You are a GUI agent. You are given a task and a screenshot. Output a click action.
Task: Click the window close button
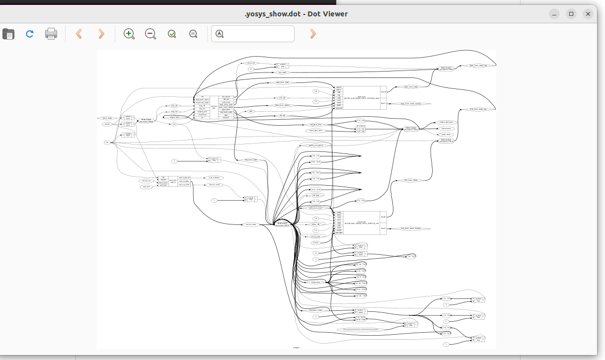point(588,14)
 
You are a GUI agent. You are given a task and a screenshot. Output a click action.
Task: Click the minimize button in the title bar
point(554,14)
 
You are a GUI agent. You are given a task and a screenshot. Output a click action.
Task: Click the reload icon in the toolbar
point(30,34)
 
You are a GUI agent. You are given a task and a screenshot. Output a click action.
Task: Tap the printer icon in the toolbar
point(51,34)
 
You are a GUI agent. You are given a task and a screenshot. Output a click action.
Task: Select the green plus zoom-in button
point(129,34)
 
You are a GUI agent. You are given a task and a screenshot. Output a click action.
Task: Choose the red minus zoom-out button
point(151,34)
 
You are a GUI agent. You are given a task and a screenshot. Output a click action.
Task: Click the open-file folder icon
point(8,34)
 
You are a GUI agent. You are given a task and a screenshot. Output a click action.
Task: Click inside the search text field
point(258,34)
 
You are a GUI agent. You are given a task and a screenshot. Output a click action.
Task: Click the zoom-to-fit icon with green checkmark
point(172,34)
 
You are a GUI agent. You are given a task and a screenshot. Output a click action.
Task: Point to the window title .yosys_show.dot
point(296,14)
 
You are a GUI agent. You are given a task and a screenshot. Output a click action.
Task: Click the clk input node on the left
point(107,143)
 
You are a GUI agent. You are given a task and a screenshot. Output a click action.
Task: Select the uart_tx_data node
point(251,224)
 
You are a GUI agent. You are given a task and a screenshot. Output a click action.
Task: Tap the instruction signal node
point(315,283)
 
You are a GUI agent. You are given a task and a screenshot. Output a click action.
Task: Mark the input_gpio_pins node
point(314,131)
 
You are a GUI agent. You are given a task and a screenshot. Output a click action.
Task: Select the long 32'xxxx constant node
point(361,329)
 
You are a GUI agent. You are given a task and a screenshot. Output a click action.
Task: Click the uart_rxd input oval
point(146,187)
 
